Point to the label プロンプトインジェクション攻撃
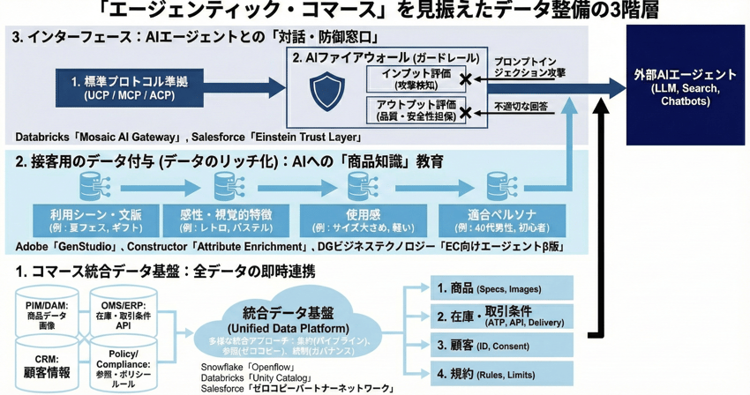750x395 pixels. click(529, 68)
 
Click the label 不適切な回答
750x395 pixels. click(522, 108)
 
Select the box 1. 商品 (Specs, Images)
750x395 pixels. click(502, 288)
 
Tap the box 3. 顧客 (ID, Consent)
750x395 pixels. click(502, 345)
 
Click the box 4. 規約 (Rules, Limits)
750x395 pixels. click(502, 374)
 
